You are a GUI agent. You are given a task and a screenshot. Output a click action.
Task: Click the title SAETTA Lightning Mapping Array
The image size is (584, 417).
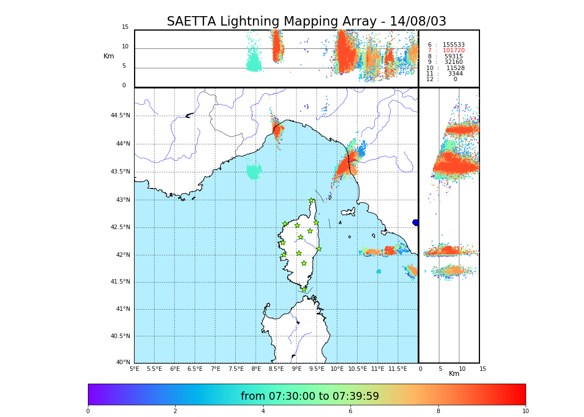[306, 22]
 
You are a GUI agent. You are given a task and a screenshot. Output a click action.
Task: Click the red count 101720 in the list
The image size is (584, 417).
[453, 51]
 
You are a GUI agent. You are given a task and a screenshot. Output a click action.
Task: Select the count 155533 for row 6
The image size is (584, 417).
[453, 44]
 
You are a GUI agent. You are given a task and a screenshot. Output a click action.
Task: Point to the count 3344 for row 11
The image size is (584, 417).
[455, 73]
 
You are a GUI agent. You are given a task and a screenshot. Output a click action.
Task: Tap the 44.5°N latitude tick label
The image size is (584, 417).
[120, 116]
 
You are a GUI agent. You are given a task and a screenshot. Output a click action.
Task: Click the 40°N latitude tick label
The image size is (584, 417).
[123, 363]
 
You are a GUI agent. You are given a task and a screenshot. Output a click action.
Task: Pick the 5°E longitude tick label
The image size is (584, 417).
[134, 369]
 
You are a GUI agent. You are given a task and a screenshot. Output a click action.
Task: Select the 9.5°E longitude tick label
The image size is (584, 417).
[317, 369]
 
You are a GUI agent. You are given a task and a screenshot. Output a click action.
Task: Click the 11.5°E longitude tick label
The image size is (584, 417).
[398, 369]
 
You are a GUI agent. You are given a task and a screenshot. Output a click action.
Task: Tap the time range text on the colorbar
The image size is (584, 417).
[309, 396]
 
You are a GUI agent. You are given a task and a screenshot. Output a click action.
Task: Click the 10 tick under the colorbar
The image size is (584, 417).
[525, 411]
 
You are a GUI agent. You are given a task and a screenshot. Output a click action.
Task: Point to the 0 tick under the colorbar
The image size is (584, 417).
[88, 411]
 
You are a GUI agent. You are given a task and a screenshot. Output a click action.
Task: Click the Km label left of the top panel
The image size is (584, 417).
[108, 56]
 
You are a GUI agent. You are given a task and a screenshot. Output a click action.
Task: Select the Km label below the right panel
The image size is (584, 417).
[454, 374]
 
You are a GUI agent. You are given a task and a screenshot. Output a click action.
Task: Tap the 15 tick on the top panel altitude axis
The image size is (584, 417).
[125, 27]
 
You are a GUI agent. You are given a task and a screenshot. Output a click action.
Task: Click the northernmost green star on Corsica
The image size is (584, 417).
[311, 201]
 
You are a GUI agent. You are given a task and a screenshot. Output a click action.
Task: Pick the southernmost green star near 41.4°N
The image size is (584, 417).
[304, 289]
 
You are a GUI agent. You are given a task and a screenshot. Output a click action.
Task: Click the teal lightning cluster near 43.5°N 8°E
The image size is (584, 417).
[254, 172]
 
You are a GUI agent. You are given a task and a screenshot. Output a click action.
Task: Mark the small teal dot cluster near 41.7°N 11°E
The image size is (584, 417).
[379, 271]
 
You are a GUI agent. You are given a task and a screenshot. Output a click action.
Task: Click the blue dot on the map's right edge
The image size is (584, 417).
[415, 222]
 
